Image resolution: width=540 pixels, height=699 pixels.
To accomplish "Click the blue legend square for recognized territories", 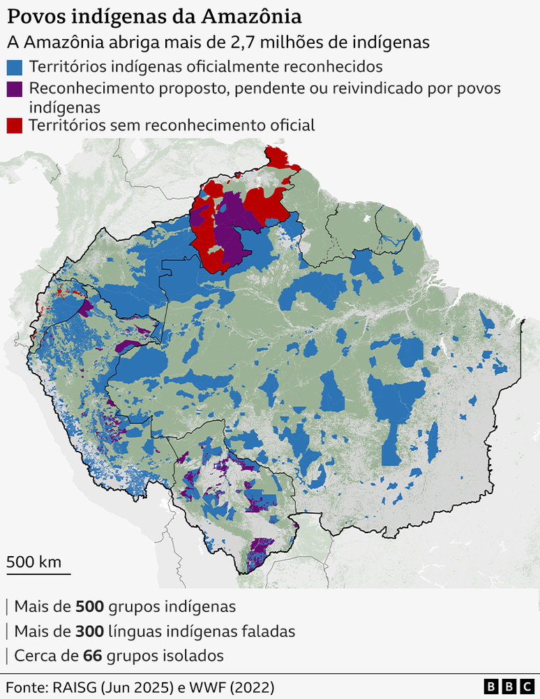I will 15,68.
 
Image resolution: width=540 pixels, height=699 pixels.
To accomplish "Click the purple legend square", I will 15,89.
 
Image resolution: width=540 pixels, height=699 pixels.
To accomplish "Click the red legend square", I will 15,125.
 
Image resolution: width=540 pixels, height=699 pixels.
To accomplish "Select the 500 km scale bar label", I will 34,562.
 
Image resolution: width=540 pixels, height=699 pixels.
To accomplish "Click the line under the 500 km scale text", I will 38,574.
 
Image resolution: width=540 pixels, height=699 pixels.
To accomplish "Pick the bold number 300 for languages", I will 89,631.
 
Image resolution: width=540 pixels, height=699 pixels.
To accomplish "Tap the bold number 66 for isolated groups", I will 91,656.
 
